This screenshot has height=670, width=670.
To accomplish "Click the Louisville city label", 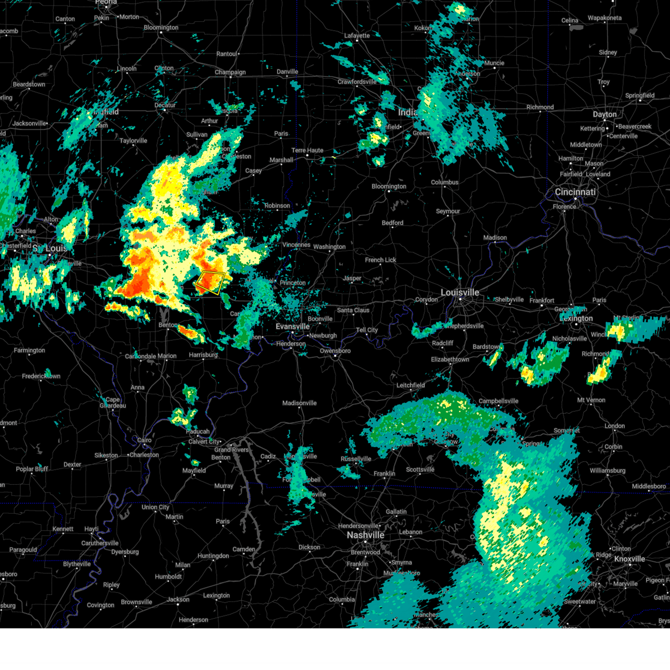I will [x=460, y=293].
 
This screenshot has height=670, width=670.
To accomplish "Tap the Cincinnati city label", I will [x=575, y=192].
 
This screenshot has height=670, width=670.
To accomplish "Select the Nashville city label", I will [x=365, y=535].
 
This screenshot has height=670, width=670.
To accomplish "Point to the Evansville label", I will [x=293, y=327].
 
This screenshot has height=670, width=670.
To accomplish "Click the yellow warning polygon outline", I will [x=210, y=283].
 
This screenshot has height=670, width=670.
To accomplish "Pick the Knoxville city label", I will [x=629, y=559].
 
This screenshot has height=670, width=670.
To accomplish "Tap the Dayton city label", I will [x=605, y=114].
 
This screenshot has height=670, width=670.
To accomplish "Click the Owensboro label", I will [x=335, y=351].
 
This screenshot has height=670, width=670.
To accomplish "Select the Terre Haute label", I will [x=307, y=150].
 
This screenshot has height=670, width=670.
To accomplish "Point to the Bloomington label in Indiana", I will [x=389, y=186].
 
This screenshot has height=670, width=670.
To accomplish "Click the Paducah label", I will [x=198, y=432].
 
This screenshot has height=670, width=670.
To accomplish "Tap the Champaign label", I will [x=230, y=72].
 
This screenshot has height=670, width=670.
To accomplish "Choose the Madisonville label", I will [x=299, y=403].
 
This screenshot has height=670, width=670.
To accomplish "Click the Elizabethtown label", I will [x=450, y=360].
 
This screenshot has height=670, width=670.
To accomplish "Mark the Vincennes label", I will [x=296, y=245].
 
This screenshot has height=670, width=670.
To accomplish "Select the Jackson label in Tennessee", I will [x=178, y=600].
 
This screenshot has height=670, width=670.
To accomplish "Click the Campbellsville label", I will [x=499, y=401].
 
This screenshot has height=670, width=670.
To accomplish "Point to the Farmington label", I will [x=29, y=351].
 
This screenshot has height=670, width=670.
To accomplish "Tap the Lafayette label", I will [x=357, y=36].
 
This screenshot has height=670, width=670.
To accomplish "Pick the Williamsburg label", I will [x=607, y=471].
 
